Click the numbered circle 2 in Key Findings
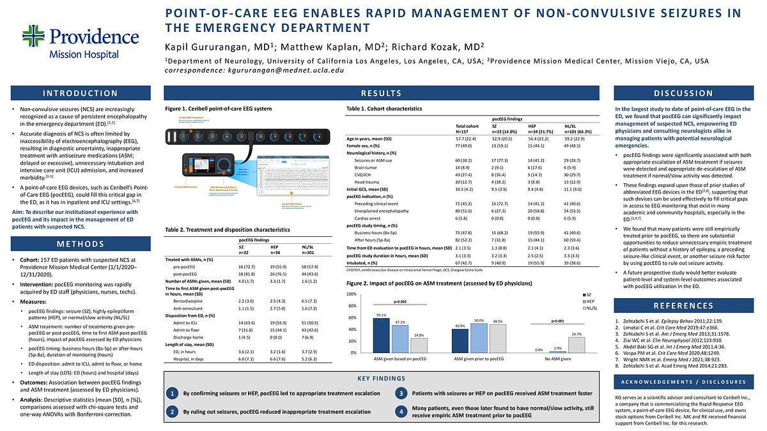[x=172, y=412]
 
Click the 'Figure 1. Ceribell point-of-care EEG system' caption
[x=218, y=109]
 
